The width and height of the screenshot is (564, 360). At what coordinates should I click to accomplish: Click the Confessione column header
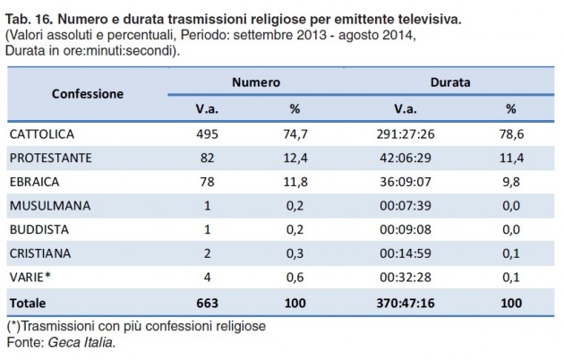click(x=88, y=94)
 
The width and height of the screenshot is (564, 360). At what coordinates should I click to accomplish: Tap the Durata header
click(x=450, y=81)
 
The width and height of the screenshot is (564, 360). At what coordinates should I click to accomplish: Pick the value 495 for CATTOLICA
click(x=207, y=133)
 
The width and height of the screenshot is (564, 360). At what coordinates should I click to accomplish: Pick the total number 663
click(x=207, y=304)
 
